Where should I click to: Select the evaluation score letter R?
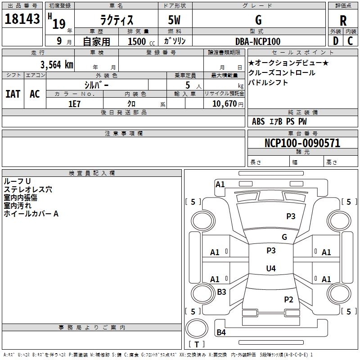click(x=343, y=20)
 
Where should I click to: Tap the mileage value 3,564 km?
click(x=56, y=65)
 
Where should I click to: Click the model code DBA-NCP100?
click(x=258, y=41)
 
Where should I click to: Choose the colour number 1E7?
click(x=74, y=103)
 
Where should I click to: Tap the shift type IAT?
click(x=13, y=94)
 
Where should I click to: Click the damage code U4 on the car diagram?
click(x=270, y=269)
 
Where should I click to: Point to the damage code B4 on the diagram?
click(x=221, y=333)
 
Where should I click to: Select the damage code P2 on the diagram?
click(x=288, y=299)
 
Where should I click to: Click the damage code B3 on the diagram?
click(x=221, y=292)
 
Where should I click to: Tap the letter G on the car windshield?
click(x=284, y=237)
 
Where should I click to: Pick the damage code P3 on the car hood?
click(x=291, y=216)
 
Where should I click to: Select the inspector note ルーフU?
click(x=17, y=181)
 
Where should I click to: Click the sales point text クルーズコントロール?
click(x=282, y=73)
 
